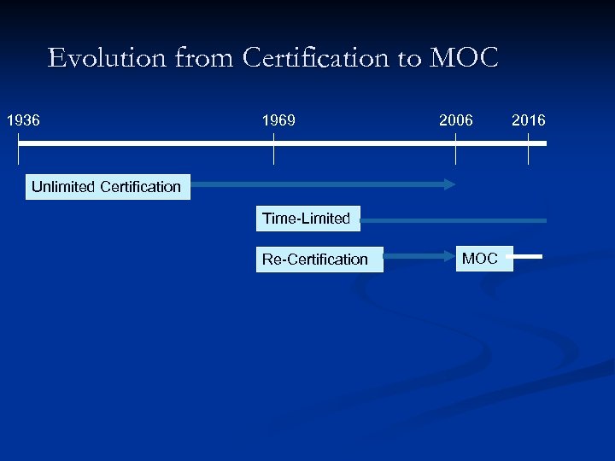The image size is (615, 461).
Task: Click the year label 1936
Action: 23,120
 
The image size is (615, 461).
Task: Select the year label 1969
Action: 279,120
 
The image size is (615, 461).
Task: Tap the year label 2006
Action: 455,120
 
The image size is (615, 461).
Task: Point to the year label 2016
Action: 528,120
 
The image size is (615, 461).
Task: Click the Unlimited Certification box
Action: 106,186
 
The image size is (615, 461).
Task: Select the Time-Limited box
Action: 307,219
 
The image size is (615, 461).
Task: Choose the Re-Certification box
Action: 315,259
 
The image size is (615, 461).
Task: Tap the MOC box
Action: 480,258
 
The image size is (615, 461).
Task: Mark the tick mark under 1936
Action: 18,153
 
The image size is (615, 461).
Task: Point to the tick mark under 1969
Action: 273,153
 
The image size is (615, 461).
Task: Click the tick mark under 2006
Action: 455,153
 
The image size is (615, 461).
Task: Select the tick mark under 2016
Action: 528,153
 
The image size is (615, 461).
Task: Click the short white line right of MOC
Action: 529,255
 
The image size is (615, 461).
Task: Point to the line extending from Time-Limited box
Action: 453,220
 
